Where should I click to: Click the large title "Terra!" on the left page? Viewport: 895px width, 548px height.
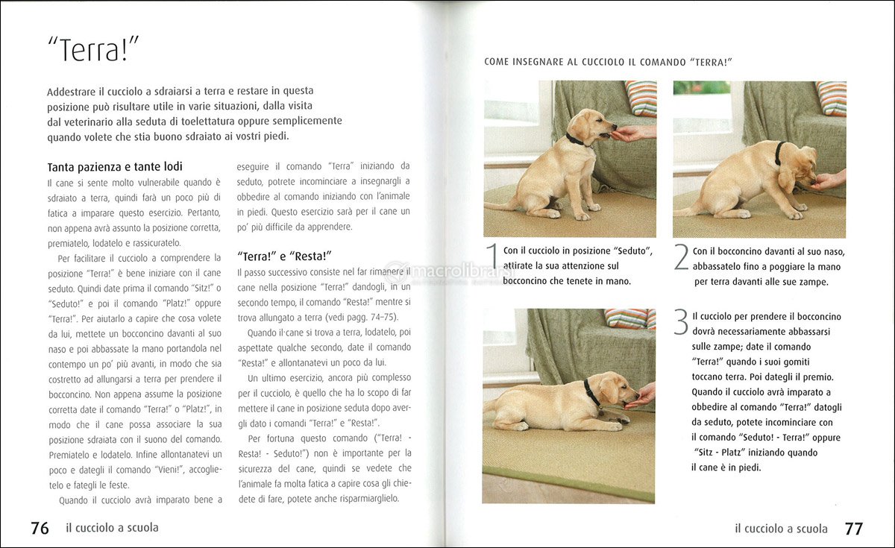point(93,50)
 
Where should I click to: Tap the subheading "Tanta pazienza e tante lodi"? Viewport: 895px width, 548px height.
point(115,166)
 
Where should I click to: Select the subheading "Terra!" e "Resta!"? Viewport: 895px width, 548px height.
point(284,255)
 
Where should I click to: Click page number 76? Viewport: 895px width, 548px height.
point(40,528)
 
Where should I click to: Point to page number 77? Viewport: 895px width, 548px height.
point(853,529)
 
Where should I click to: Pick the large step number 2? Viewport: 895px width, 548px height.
point(681,258)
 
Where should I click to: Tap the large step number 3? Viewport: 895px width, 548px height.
point(680,322)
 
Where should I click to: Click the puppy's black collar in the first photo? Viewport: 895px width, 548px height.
point(575,139)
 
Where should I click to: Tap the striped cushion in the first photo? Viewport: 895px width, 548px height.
point(641,98)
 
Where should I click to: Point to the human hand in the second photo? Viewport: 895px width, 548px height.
point(829,180)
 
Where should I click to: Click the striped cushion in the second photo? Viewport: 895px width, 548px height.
point(831,98)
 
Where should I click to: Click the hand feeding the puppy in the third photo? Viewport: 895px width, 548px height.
point(641,396)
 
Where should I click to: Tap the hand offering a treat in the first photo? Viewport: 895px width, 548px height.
point(630,133)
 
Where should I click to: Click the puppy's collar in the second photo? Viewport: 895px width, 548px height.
point(779,153)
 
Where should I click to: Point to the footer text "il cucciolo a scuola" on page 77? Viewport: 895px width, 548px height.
point(781,529)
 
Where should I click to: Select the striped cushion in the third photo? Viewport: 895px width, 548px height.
point(630,318)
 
